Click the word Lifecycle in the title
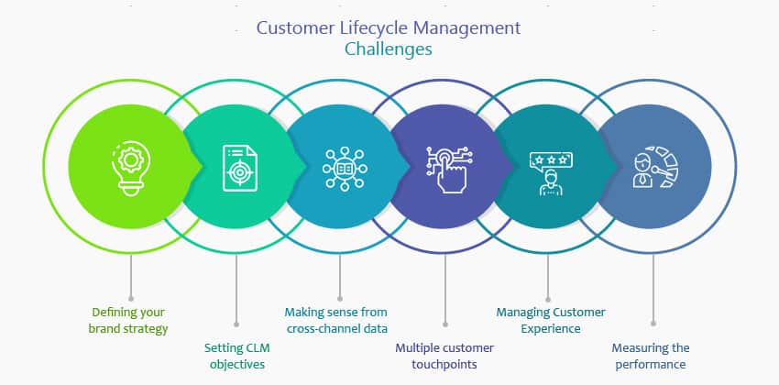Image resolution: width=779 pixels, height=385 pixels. point(360,27)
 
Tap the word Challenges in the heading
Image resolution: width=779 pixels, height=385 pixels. point(389,49)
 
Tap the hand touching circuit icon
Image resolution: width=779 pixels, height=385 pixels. point(444,168)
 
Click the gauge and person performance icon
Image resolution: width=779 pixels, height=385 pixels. point(653,168)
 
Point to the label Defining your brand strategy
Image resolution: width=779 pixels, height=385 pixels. point(130,320)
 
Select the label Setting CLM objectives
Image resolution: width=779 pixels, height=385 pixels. point(236,356)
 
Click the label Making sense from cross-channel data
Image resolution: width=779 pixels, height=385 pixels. point(340,320)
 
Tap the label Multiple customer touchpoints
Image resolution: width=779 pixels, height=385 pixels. point(444,356)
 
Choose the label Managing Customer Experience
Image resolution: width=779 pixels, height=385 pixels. point(551,320)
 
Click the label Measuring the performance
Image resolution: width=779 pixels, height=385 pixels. point(653,356)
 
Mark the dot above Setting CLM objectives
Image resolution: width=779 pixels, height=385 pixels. point(236,323)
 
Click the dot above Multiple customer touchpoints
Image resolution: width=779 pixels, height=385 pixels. point(444,323)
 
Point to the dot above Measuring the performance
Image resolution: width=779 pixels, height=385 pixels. point(653,323)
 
